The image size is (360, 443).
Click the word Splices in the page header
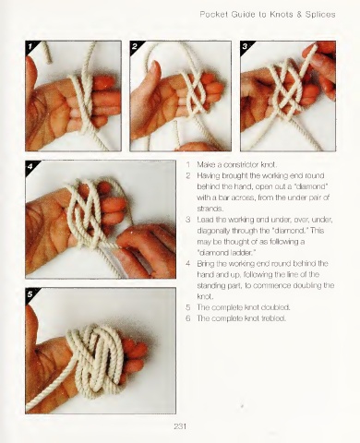click(320, 15)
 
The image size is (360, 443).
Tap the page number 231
click(180, 426)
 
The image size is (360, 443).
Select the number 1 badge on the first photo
click(30, 46)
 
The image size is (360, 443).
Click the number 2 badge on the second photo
click(135, 46)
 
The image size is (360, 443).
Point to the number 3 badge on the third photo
click(245, 46)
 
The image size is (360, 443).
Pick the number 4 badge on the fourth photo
click(30, 166)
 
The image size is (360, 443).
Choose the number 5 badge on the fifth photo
click(30, 294)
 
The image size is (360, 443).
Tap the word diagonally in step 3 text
click(211, 231)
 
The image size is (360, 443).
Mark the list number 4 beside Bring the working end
click(188, 264)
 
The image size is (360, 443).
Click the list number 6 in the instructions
click(188, 318)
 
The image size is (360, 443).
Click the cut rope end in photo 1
click(49, 61)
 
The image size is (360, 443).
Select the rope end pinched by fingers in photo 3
click(315, 48)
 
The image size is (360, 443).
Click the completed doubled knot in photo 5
click(97, 362)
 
